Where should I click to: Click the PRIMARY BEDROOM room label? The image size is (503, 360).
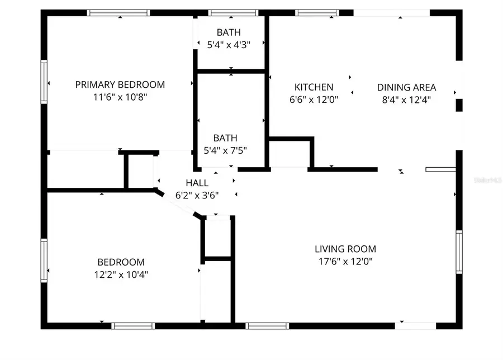pos(120,85)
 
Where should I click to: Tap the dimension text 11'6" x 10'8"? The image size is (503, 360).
pos(120,97)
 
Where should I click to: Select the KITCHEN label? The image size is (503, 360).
pos(314,87)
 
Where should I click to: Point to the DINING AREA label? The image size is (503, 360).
pos(406,87)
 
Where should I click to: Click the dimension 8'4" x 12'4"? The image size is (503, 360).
pos(406,100)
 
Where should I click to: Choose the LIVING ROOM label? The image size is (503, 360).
pos(345,249)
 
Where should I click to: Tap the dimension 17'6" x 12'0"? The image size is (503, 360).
pos(345,261)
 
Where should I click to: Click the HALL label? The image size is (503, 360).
pos(197,183)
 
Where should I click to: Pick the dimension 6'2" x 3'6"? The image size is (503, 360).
pos(197,195)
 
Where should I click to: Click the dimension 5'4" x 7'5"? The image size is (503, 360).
pos(225,150)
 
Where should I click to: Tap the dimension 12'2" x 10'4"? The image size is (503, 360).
pos(121,274)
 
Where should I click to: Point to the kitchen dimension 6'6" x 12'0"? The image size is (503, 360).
pos(314,100)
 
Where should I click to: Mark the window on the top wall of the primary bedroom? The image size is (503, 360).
pos(119,12)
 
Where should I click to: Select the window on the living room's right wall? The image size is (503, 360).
pos(459,252)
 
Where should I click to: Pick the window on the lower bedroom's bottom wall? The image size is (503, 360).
pos(133,325)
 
